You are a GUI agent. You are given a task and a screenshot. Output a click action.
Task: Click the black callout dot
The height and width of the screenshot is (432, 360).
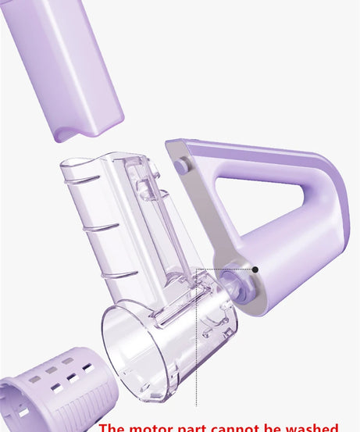[x=255, y=270]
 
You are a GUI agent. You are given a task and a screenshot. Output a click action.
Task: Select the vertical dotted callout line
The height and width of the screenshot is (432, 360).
[x=196, y=344]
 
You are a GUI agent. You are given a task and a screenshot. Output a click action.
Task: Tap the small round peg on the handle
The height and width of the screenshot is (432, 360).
[x=182, y=166]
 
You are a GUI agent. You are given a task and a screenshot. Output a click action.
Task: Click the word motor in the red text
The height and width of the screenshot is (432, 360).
[x=155, y=427]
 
